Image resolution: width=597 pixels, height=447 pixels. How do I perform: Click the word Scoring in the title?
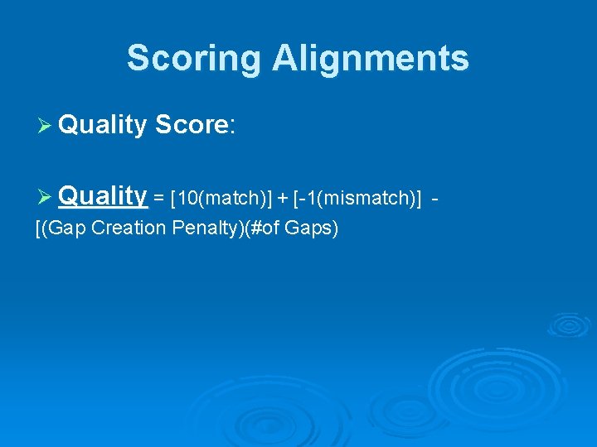tap(194, 59)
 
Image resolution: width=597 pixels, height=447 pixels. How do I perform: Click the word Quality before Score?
tap(103, 125)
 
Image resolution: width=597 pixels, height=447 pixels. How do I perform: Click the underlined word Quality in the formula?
tap(103, 196)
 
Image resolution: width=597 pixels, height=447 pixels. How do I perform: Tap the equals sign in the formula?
tap(158, 199)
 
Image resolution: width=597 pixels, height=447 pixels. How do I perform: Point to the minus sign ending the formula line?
tap(436, 199)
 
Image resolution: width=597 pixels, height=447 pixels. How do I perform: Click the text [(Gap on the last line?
tap(62, 228)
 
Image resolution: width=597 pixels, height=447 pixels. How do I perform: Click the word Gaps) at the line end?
tap(311, 228)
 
